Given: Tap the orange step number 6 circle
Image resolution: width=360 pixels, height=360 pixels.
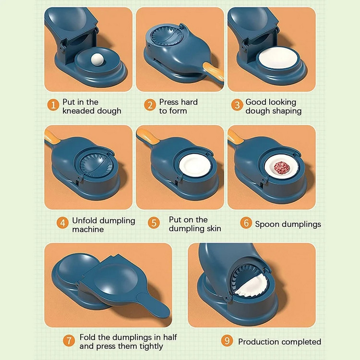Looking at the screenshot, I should point(246,224).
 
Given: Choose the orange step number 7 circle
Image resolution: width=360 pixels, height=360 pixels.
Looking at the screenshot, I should point(69,341).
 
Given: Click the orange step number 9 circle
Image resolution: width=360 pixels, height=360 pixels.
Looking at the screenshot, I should point(227,341).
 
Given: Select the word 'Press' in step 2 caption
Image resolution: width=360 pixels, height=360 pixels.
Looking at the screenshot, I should point(168,102).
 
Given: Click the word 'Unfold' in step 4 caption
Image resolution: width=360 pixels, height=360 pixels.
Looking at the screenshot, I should point(85,221).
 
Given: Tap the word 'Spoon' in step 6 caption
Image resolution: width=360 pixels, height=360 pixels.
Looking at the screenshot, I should point(267,224).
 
